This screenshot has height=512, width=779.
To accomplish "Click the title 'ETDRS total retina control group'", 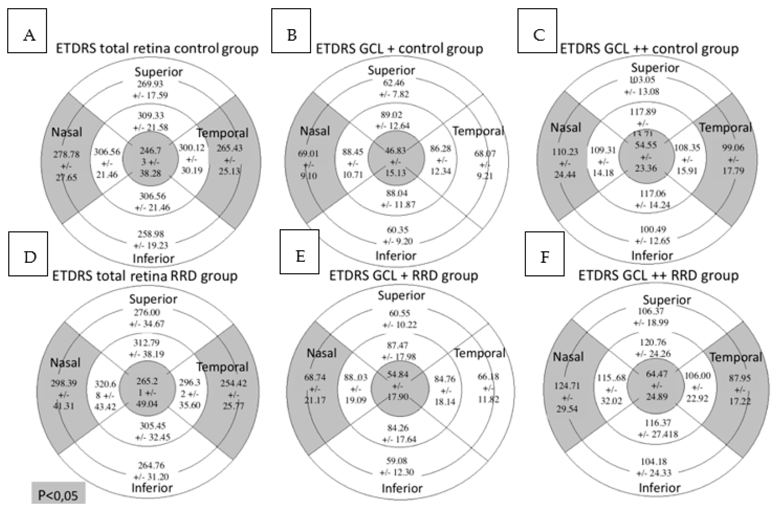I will [x=157, y=48].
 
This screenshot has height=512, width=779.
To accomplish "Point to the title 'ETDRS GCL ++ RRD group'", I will [x=658, y=275].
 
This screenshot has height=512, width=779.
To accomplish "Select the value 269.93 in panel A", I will [x=150, y=84].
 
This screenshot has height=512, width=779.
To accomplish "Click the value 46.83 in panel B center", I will [x=395, y=150].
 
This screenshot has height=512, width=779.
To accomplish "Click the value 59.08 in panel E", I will [x=397, y=461].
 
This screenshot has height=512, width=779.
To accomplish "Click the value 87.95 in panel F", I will [x=739, y=378].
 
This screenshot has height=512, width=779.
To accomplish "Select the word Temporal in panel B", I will [x=478, y=131].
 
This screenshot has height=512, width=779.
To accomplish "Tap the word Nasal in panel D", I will [x=65, y=362].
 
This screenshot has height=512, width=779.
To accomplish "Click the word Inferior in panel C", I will [x=652, y=255].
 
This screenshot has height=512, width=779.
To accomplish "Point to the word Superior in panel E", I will [x=401, y=295].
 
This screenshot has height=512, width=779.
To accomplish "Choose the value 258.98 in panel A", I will [x=151, y=234].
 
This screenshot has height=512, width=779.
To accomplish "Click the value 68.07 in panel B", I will [x=485, y=153].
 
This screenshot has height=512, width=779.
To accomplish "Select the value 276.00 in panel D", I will [x=147, y=312].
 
